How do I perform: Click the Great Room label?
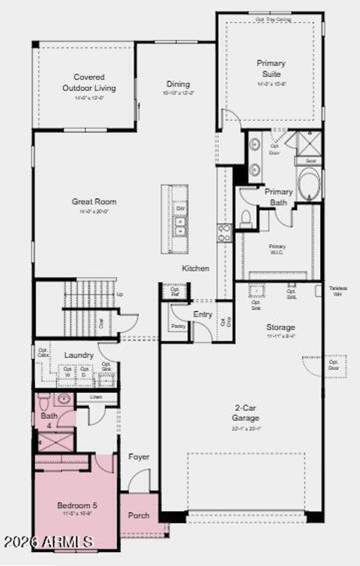(x=94, y=202)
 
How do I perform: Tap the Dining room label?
(x=178, y=84)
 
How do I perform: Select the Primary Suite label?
(x=271, y=69)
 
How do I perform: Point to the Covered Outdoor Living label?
(x=89, y=83)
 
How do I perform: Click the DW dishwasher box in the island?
(x=181, y=209)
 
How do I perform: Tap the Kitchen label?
(x=196, y=268)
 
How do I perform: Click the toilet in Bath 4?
(x=44, y=401)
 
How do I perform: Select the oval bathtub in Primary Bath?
(x=309, y=184)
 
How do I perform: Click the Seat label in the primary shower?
(x=310, y=161)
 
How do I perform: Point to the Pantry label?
(x=178, y=326)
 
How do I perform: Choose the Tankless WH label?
(x=338, y=291)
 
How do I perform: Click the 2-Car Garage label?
(x=245, y=413)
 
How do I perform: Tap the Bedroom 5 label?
(x=77, y=506)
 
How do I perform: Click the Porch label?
(x=139, y=515)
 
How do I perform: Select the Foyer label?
(x=139, y=457)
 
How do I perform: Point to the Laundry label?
(x=79, y=355)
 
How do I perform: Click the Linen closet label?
(x=96, y=397)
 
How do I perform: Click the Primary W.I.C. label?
(x=277, y=249)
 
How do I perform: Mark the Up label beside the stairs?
(x=120, y=295)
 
